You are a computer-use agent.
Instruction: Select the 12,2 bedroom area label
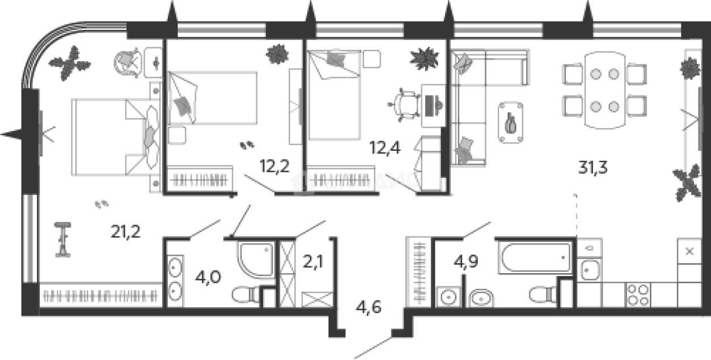pos(275,167)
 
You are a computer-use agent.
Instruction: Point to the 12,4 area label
pos(385,149)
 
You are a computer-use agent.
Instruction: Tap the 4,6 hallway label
pos(368,308)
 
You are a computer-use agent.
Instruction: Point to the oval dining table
pos(604,90)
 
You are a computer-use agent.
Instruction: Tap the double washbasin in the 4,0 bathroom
pos(175,278)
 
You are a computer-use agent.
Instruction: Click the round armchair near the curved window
pos(129,62)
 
